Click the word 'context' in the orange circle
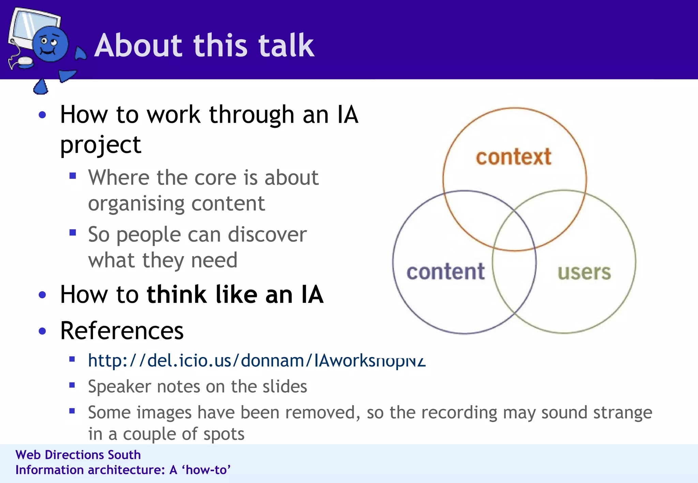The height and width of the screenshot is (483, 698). click(514, 157)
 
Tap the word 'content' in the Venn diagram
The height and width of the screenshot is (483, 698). click(445, 272)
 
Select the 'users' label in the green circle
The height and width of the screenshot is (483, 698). click(584, 272)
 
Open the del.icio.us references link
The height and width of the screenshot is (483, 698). click(256, 360)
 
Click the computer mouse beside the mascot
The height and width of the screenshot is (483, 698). click(25, 62)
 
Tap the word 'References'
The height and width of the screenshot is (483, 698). click(122, 331)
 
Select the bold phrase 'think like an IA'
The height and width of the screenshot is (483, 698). click(235, 295)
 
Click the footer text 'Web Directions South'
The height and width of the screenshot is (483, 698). click(78, 455)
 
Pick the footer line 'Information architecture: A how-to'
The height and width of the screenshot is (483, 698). click(123, 470)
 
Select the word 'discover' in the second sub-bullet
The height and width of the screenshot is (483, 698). click(267, 235)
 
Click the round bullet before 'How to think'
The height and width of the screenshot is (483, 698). click(42, 295)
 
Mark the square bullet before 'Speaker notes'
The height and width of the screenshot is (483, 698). click(72, 385)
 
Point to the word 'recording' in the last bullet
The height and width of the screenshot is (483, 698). click(464, 413)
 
